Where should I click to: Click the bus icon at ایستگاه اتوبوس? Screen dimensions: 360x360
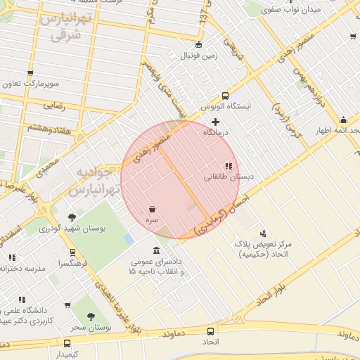coord(225,96)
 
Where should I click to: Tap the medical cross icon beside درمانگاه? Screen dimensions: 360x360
coord(215,122)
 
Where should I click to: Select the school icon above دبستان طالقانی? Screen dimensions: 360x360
coord(229,167)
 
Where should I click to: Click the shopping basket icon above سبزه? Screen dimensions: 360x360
coord(153,209)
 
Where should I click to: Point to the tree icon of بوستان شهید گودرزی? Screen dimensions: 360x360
coord(72,217)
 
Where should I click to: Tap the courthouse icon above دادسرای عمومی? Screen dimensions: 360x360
coord(156,251)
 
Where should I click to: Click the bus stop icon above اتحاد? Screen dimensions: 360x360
coord(210,331)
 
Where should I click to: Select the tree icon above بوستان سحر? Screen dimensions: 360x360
coord(91,317)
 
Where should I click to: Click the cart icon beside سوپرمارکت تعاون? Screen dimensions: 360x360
coord(30,73)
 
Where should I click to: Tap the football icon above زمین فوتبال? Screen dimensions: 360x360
coord(198,44)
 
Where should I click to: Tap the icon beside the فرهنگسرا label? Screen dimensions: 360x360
coord(72,252)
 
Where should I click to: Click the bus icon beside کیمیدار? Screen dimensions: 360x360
coord(67,343)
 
